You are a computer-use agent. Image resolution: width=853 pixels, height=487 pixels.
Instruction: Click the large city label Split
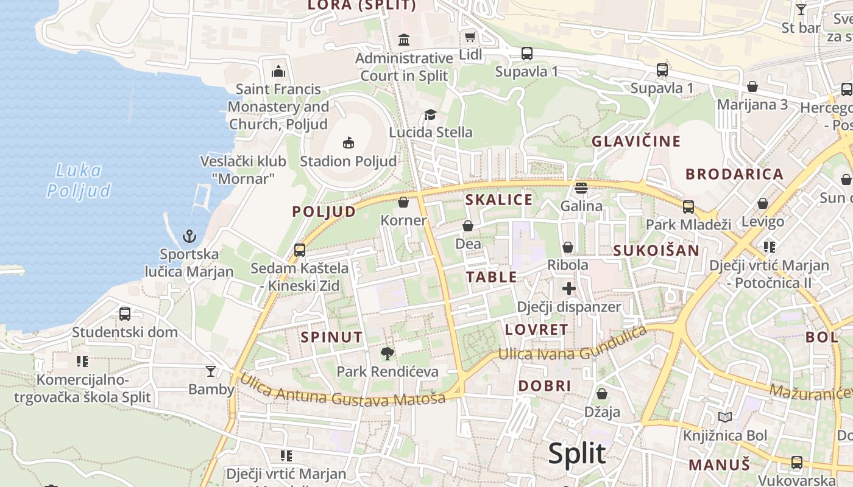click(x=576, y=454)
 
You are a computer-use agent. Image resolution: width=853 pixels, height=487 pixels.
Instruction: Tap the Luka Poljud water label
click(x=79, y=181)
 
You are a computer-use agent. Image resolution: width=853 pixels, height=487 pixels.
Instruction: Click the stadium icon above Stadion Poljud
click(x=348, y=143)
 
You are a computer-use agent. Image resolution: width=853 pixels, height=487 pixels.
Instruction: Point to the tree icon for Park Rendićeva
click(x=387, y=353)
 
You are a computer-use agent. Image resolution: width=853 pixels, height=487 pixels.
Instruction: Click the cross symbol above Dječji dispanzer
click(x=568, y=289)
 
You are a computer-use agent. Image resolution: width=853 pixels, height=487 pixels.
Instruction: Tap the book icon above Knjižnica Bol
click(x=724, y=418)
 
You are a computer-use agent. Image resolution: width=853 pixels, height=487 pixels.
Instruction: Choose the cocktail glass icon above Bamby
click(x=211, y=371)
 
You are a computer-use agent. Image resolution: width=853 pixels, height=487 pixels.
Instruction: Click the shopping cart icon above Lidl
click(x=470, y=37)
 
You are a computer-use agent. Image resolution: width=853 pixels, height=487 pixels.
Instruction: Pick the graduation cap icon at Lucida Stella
click(x=430, y=114)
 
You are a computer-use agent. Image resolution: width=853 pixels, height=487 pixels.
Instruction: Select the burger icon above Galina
click(x=581, y=187)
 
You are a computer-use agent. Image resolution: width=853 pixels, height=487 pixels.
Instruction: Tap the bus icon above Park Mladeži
click(x=688, y=206)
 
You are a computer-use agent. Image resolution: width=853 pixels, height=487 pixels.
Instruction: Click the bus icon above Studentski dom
click(x=125, y=314)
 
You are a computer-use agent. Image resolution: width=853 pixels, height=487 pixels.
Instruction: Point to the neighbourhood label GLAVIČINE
click(x=636, y=141)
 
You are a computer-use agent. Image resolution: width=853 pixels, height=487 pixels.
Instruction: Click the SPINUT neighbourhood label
click(x=331, y=337)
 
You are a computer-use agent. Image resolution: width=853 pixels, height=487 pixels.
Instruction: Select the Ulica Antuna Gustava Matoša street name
click(x=342, y=390)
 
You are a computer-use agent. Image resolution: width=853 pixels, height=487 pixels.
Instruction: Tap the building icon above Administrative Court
click(x=403, y=40)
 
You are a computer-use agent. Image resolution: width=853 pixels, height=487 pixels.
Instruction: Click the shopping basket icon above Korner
click(x=403, y=202)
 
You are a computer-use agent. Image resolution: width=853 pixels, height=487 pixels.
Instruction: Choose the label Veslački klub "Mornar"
click(x=243, y=170)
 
